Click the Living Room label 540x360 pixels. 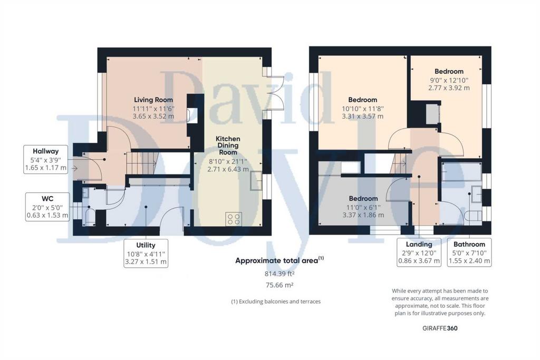153,100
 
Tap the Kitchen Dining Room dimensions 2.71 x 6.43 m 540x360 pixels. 228,169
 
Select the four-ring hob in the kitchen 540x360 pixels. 234,219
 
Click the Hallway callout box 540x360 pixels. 46,159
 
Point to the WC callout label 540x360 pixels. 47,199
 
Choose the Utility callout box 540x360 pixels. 146,254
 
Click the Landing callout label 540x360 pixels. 419,244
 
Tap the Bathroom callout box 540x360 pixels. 469,252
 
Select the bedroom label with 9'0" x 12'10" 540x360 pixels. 449,72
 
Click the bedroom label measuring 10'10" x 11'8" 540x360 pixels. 363,100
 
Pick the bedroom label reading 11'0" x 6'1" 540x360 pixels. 363,199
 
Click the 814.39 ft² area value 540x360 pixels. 279,274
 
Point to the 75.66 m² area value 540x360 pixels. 279,285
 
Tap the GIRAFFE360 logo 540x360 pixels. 440,328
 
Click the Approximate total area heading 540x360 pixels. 279,260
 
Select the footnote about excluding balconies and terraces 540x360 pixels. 276,301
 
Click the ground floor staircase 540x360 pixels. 142,163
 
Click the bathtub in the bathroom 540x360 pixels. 461,172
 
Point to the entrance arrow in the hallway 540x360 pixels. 74,168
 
